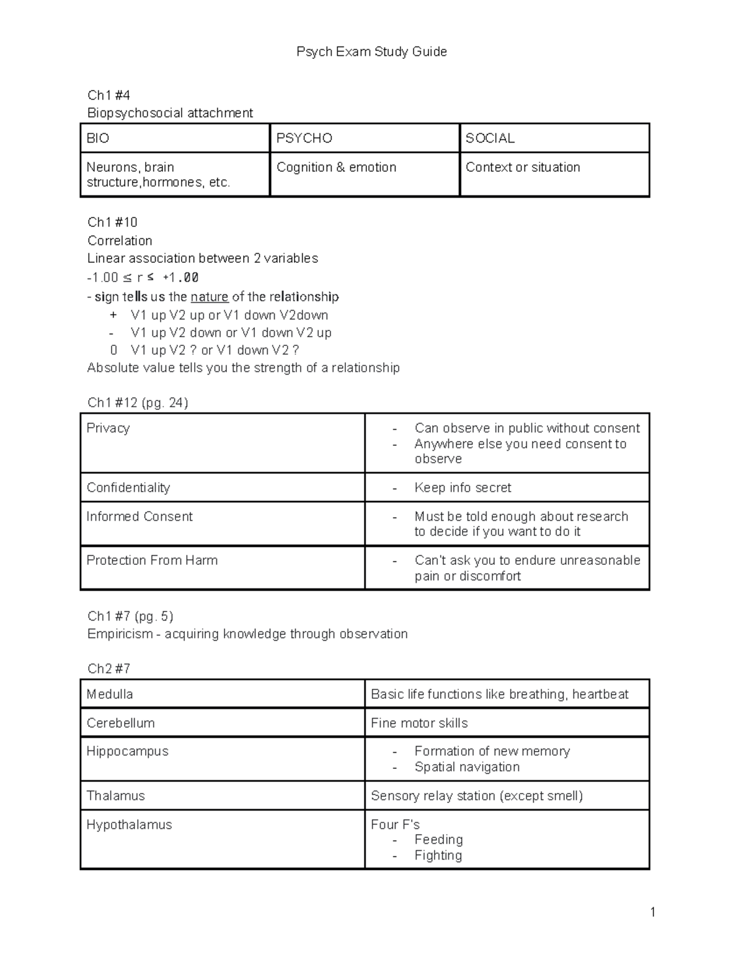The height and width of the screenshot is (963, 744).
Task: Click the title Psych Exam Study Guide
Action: tap(371, 51)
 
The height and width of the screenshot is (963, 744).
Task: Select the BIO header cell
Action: tap(98, 138)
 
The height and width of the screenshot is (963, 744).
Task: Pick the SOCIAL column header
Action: tap(490, 138)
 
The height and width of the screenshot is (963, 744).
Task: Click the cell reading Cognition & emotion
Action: tap(336, 167)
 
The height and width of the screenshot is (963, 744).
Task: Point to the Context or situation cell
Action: tap(523, 167)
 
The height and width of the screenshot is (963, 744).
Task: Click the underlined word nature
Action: tap(210, 296)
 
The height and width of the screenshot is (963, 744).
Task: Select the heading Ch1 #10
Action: tap(112, 222)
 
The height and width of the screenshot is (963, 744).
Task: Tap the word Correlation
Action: tap(120, 241)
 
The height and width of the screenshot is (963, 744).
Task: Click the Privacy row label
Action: tap(108, 428)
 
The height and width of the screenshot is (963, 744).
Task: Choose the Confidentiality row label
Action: tap(128, 487)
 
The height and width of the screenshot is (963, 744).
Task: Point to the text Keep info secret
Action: tap(463, 487)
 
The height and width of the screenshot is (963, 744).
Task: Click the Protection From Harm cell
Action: tap(152, 560)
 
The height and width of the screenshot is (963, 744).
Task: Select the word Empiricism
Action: tap(120, 634)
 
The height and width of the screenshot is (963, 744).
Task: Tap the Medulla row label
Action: tap(110, 694)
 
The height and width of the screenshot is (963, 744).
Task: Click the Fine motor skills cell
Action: tap(419, 723)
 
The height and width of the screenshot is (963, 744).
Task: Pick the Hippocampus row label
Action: tap(127, 751)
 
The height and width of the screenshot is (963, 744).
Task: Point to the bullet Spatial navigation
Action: tap(467, 767)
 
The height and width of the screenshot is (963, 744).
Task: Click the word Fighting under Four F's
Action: tap(438, 855)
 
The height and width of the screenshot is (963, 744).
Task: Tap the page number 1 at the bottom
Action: tap(652, 912)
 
